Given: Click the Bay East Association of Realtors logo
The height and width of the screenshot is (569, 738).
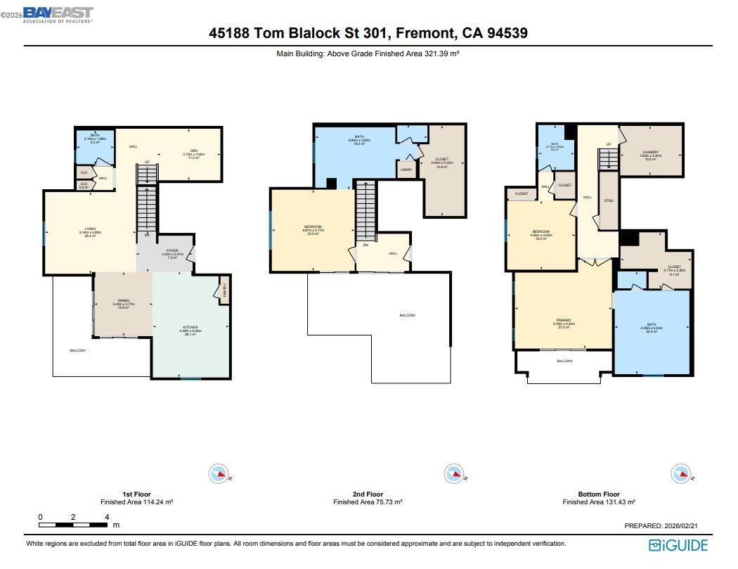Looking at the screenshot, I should point(58,15).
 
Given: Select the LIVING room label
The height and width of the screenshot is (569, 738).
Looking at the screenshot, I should point(90,229).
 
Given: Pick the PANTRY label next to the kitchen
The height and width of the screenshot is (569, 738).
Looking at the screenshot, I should point(224,290).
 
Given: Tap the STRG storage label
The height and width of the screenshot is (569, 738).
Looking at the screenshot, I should point(609,201).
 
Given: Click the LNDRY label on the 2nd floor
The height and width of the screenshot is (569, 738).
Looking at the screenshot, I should point(406,170).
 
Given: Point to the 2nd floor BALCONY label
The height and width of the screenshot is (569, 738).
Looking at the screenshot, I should point(407,315).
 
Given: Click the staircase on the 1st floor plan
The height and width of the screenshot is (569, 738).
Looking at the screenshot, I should point(146,207).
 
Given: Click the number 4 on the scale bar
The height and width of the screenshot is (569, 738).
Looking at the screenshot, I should point(107,517).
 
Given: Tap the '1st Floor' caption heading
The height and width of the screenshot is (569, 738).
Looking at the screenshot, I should point(136,494).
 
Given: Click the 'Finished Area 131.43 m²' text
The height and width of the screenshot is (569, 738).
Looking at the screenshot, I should point(599,502).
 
